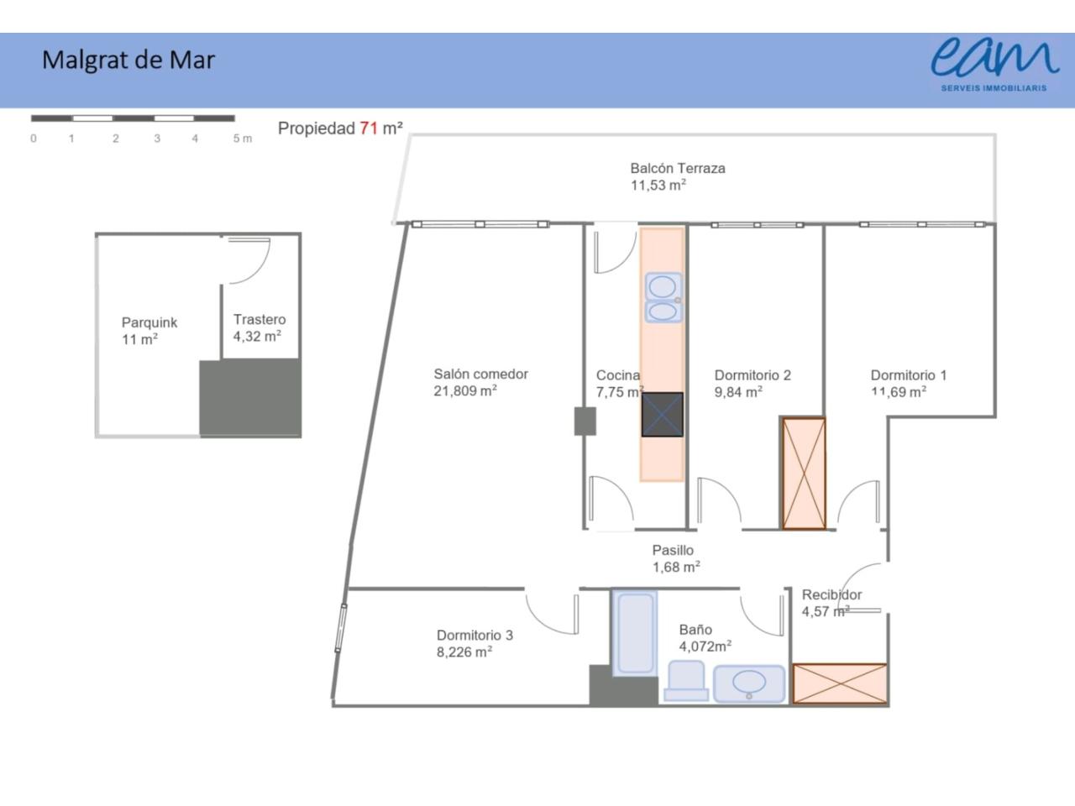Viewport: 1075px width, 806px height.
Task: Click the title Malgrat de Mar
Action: [x=128, y=60]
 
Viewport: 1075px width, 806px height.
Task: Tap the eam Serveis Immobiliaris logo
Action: [x=994, y=65]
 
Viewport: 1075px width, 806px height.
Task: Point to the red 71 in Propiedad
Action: [x=369, y=128]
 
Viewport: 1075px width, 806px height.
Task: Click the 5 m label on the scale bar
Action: [x=243, y=139]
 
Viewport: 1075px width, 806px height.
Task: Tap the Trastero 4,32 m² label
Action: [x=259, y=328]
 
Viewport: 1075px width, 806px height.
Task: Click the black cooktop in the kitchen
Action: [x=662, y=415]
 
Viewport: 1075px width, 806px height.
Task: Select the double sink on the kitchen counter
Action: [x=663, y=297]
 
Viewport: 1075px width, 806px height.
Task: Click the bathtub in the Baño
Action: [x=635, y=633]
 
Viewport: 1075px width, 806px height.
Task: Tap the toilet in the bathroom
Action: [x=686, y=681]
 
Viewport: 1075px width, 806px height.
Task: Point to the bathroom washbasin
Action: [x=749, y=683]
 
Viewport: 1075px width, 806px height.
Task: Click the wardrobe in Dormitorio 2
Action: [x=804, y=474]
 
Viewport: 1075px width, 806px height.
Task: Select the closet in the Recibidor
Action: [x=840, y=683]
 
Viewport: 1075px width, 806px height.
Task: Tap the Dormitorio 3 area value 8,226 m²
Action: [x=464, y=652]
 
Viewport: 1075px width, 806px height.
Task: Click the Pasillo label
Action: [x=673, y=550]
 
